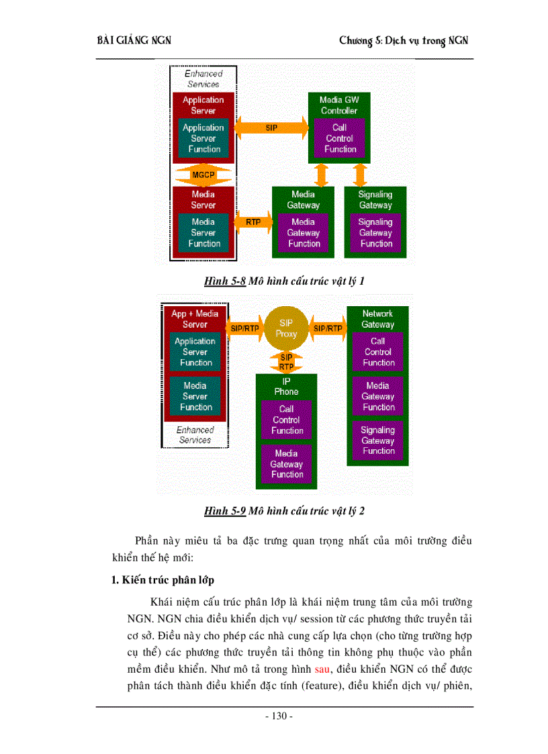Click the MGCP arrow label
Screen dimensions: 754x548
point(203,175)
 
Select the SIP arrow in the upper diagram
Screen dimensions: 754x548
point(271,128)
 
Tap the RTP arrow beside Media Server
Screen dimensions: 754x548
point(253,222)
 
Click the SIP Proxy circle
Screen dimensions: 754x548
point(286,328)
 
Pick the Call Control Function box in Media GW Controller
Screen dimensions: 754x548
point(340,138)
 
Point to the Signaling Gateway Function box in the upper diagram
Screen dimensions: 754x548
point(375,232)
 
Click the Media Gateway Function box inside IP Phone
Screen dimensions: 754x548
point(287,464)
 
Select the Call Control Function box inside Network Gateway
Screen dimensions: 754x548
point(378,352)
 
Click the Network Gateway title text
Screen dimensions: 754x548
point(377,319)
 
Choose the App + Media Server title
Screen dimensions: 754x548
point(195,319)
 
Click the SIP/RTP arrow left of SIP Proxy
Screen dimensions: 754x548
point(244,328)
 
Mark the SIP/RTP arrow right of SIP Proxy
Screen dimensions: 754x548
point(328,328)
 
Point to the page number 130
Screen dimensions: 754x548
point(279,716)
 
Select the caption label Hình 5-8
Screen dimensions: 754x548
point(225,281)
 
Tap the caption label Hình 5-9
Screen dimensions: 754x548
point(225,511)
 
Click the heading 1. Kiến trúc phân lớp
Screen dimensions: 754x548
point(163,579)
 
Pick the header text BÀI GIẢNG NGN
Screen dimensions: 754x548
point(134,41)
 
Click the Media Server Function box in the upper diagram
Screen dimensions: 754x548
point(203,232)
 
